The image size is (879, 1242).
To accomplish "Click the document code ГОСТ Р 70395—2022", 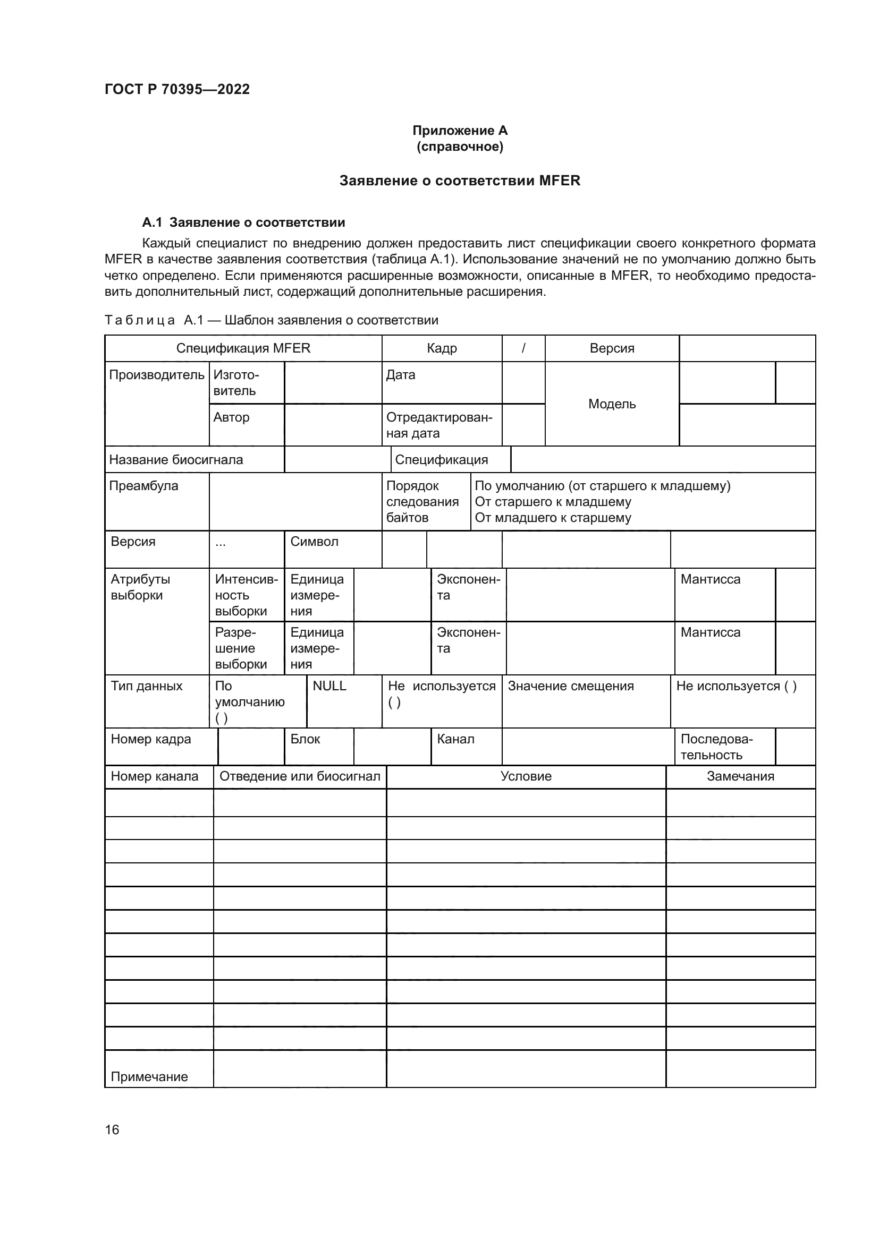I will pyautogui.click(x=177, y=89).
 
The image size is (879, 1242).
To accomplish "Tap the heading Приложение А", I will pyautogui.click(x=460, y=131).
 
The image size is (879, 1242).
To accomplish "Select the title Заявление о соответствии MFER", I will pyautogui.click(x=460, y=181).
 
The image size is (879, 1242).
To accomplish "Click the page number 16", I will pyautogui.click(x=112, y=1129).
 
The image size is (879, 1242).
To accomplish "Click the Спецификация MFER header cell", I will pyautogui.click(x=243, y=348).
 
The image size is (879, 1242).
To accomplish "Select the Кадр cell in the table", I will pyautogui.click(x=442, y=348).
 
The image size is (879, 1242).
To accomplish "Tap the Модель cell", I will pyautogui.click(x=612, y=404).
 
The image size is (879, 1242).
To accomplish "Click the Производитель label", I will pyautogui.click(x=156, y=375).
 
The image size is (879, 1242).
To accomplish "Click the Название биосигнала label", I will pyautogui.click(x=176, y=460).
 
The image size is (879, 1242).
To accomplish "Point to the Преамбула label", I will pyautogui.click(x=143, y=486).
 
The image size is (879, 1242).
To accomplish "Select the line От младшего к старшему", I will pyautogui.click(x=553, y=518).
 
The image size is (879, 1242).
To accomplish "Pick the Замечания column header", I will pyautogui.click(x=740, y=776).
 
